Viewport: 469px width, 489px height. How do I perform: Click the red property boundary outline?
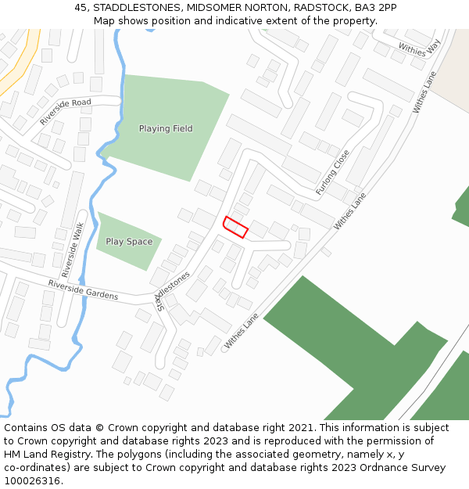[x=236, y=227]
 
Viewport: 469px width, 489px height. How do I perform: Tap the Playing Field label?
[x=166, y=128]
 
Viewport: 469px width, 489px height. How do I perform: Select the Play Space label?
[x=129, y=242]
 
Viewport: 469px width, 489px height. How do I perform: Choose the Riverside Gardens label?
[x=83, y=290]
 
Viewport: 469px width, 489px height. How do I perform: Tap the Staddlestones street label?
[x=174, y=292]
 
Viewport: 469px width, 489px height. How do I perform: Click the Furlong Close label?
[x=332, y=173]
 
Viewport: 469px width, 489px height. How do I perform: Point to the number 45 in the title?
[x=81, y=7]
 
